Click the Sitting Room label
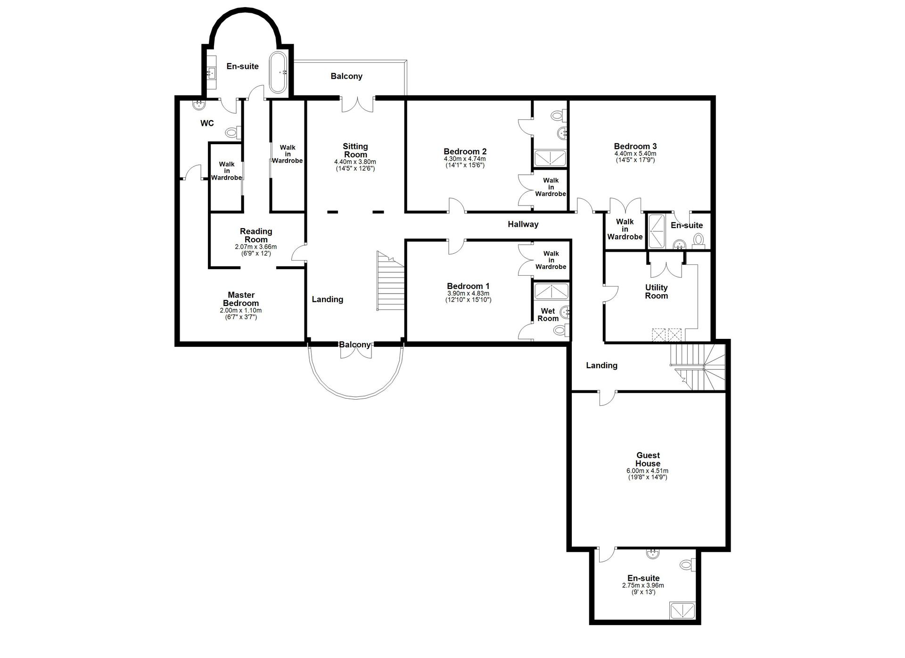pos(355,150)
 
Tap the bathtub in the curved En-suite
pos(278,72)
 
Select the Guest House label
pos(648,460)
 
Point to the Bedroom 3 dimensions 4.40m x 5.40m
pos(635,154)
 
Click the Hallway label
pos(523,224)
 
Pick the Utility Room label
pos(657,292)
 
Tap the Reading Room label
pos(256,235)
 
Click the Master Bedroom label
pos(241,299)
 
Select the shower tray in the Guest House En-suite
pos(683,611)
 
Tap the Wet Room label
pos(548,315)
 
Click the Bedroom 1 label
pos(469,286)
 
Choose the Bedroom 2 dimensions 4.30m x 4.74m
pos(465,159)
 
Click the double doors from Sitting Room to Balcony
pos(358,104)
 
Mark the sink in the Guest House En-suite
pos(653,553)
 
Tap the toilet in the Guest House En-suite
pos(688,564)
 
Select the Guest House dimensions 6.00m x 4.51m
pos(648,471)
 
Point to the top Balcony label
pos(346,76)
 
